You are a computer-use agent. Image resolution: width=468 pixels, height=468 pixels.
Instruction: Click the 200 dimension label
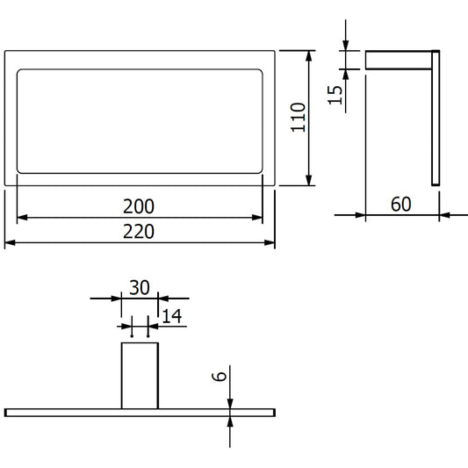139,206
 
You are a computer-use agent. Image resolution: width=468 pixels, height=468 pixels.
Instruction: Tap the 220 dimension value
139,232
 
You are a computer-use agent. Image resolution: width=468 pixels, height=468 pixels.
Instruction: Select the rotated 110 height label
299,118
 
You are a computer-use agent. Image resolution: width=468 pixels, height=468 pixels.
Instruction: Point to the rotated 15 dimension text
335,95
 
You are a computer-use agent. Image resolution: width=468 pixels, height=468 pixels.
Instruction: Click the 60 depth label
401,205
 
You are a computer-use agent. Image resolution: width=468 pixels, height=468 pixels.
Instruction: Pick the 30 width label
140,288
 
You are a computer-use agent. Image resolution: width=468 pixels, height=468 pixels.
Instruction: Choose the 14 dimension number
171,316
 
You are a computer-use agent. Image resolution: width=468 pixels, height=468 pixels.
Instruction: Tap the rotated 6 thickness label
220,377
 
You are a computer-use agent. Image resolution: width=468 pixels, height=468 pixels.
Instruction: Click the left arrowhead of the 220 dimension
10,243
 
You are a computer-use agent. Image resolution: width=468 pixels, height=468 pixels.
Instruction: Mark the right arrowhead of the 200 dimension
257,218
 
